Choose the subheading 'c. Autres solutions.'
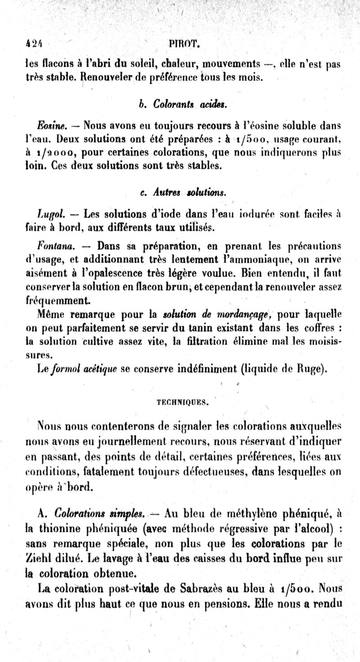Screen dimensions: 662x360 coord(183,192)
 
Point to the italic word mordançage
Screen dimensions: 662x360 coord(244,314)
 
